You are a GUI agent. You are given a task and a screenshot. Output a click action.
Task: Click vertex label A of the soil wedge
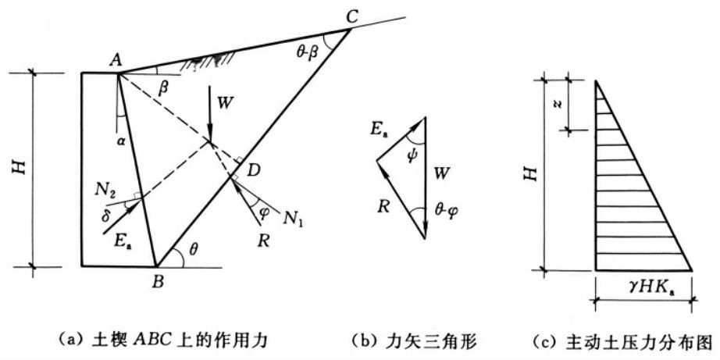pos(116,59)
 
